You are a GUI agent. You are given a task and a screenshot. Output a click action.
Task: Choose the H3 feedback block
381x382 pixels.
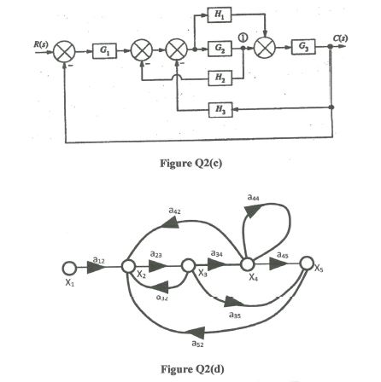(x=220, y=109)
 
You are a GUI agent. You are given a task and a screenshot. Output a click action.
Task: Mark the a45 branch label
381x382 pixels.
(x=283, y=253)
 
